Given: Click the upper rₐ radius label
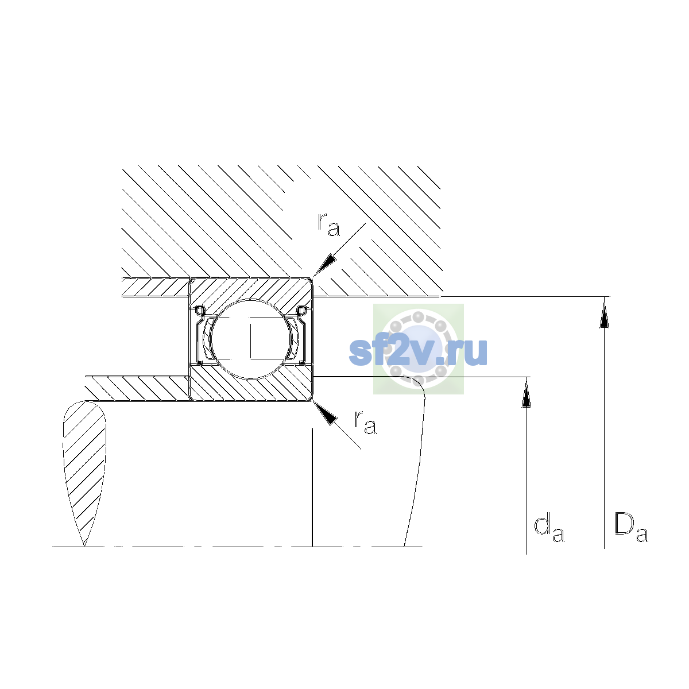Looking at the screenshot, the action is click(328, 225).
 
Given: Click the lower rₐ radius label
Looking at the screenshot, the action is click(365, 423).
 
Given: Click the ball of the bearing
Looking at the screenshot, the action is click(251, 339).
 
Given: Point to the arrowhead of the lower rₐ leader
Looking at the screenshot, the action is click(324, 413).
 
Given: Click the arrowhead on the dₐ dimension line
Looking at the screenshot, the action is click(526, 393).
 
